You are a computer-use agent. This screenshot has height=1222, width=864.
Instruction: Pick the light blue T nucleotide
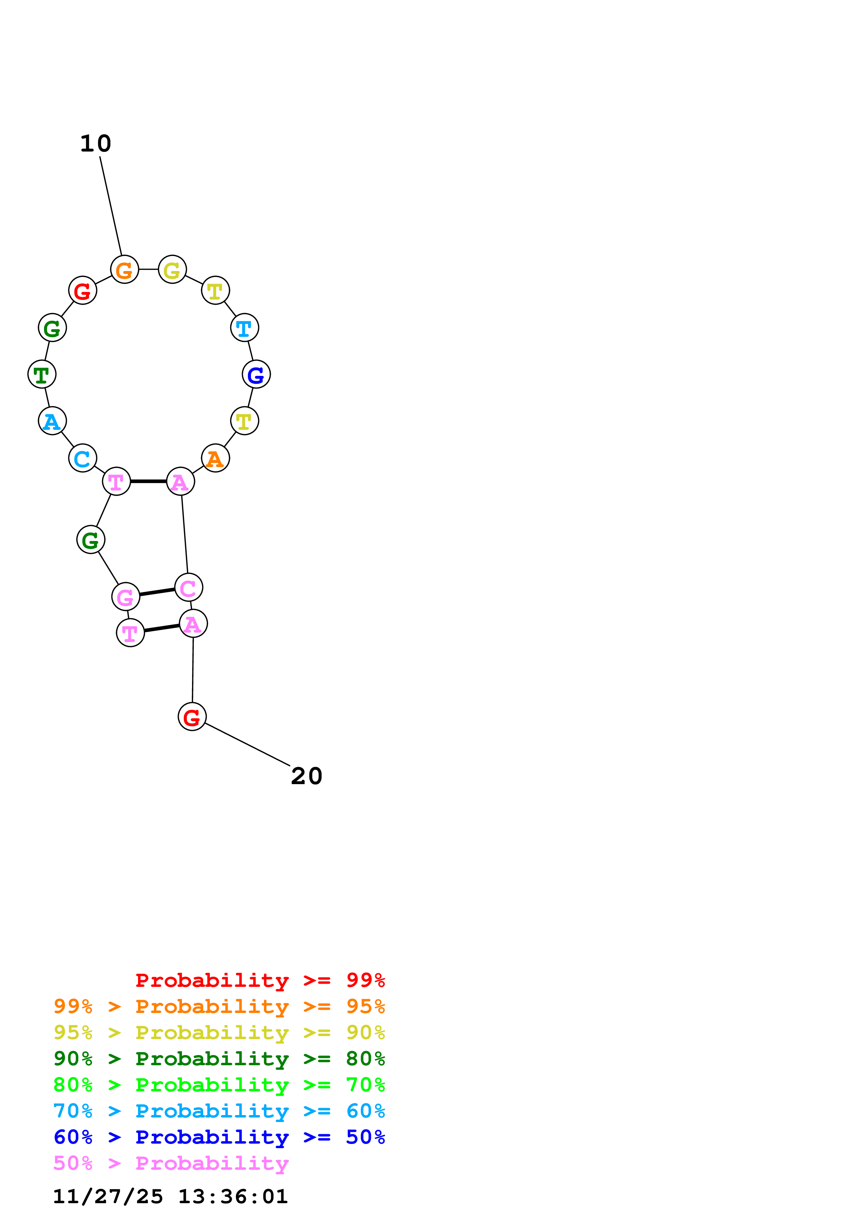[244, 328]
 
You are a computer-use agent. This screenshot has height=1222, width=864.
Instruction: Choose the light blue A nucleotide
[52, 421]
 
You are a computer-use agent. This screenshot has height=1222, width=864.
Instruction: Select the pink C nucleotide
[189, 588]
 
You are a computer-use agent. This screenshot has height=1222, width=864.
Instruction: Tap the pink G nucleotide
[125, 597]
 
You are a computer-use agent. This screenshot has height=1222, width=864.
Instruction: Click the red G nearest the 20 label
[192, 717]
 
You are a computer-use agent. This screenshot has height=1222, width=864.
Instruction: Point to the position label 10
[96, 144]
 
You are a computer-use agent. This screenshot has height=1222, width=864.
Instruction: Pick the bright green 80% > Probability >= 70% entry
[219, 1085]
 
